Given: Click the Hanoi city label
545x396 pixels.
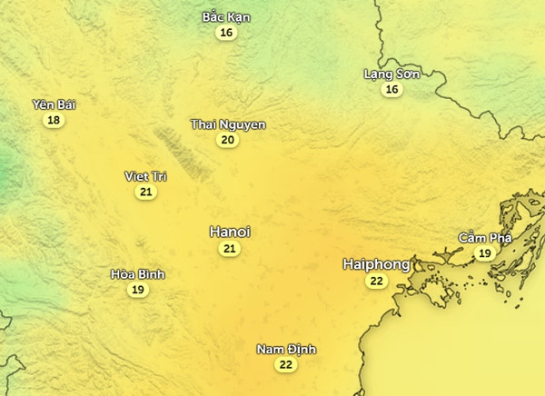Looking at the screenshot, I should point(229,232).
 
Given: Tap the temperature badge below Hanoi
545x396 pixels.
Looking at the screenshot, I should point(230,249).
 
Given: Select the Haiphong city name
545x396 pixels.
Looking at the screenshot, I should point(376,264).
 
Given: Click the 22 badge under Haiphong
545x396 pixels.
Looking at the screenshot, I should point(376,282).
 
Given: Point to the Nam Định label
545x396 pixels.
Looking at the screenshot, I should point(286,350).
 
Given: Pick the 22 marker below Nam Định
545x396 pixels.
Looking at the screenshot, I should point(286,365).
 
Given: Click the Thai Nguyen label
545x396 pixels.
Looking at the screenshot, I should point(228,124).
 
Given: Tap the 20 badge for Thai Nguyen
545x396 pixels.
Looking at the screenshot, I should point(228,140).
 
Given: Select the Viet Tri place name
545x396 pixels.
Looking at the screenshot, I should point(145,176).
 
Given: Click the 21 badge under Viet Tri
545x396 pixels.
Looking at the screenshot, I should point(145,192).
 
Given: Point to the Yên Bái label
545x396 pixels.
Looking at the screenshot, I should point(54,104).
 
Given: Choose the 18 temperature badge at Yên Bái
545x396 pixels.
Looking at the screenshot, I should point(54,120).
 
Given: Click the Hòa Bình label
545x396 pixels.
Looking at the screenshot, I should point(138,274).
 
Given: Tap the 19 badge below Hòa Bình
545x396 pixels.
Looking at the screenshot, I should point(138,290).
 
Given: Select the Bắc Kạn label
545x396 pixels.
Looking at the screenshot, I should point(226,17).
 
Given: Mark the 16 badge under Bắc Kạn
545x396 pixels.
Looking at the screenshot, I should point(226,33).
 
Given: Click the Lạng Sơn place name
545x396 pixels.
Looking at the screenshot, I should point(391,74).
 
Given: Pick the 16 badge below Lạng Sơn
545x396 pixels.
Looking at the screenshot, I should point(391,89).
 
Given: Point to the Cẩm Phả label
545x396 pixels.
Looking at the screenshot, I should point(485,238).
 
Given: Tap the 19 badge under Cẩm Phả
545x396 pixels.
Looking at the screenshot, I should point(485,253).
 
